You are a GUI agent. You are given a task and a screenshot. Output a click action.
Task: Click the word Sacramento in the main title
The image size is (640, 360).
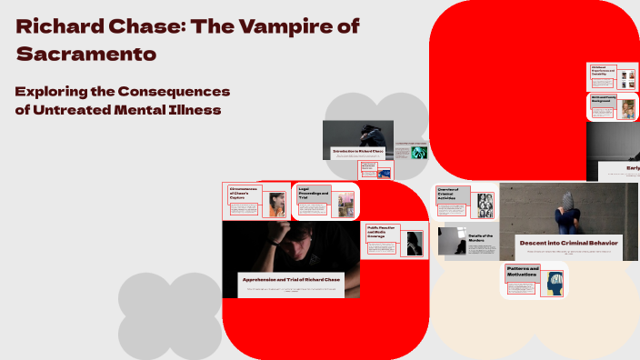(x=86, y=54)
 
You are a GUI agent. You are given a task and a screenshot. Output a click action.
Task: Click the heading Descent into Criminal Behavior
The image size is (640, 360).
(x=568, y=243)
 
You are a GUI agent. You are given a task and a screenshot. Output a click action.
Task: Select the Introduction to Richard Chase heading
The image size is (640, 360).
(x=357, y=151)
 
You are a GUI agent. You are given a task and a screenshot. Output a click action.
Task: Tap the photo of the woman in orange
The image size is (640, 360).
(x=277, y=205)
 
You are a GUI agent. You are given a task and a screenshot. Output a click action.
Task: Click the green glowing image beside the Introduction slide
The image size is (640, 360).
(x=418, y=154)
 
